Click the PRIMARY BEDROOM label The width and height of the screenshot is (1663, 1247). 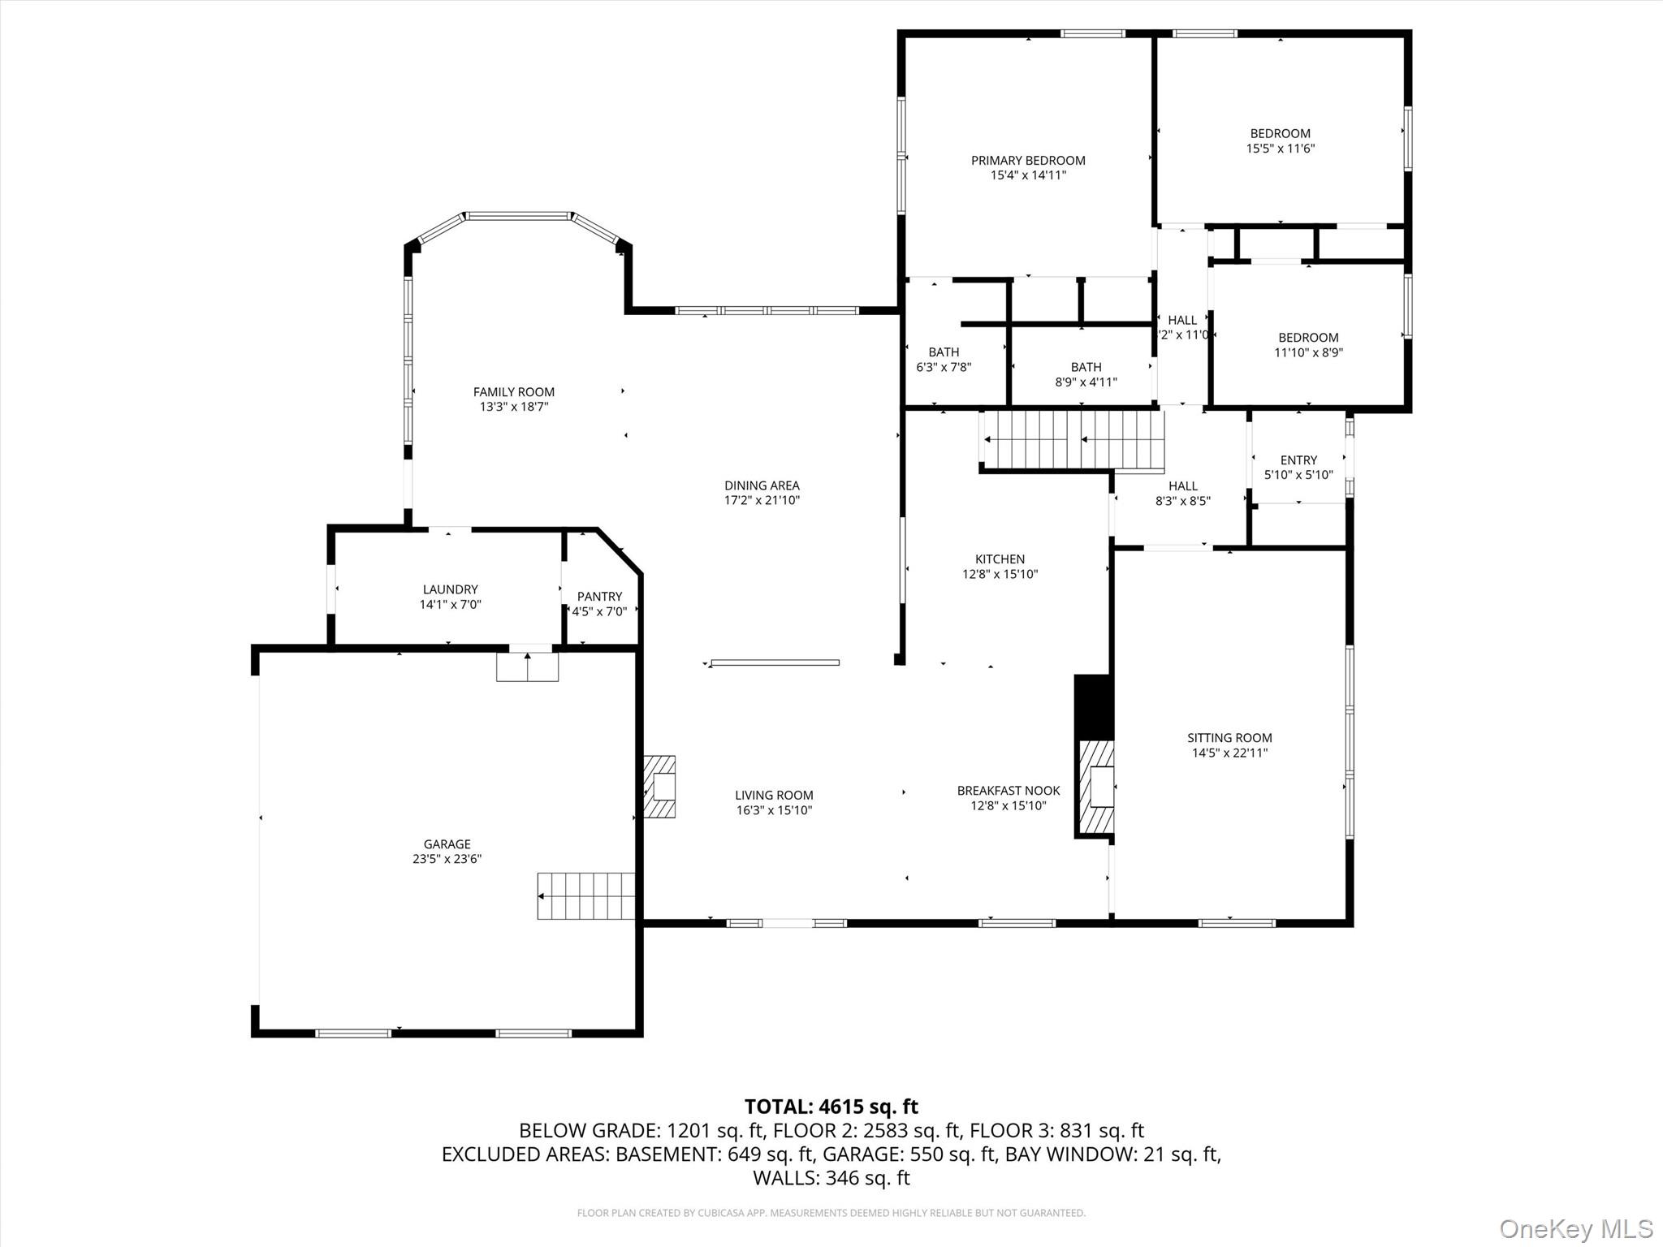tap(1028, 161)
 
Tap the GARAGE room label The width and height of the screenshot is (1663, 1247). tap(447, 844)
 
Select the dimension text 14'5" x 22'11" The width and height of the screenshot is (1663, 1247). tap(1229, 753)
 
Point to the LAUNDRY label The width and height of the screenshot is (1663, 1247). tap(450, 589)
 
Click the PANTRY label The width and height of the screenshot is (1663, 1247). tap(599, 597)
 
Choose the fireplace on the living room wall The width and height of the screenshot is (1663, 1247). tap(660, 787)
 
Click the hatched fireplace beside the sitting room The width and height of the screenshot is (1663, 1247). tap(1096, 787)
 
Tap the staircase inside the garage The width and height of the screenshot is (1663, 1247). tap(585, 895)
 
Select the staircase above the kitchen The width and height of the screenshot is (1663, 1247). tap(1073, 440)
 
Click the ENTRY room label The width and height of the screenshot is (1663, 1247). tap(1298, 460)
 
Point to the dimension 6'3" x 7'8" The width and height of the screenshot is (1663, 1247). tap(944, 367)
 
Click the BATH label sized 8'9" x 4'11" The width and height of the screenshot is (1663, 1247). tap(1086, 367)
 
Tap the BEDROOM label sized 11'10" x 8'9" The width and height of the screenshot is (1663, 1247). tap(1308, 338)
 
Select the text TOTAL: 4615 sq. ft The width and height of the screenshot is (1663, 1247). tap(831, 1107)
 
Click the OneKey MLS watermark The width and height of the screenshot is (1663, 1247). tap(1575, 1228)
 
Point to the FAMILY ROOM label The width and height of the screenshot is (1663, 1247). tap(514, 392)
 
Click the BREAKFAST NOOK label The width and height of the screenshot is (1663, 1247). tap(1009, 791)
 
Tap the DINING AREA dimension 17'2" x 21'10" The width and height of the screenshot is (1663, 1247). tap(762, 500)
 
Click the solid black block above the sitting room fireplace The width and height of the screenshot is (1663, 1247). tap(1093, 705)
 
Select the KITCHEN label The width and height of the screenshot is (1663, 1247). tap(1000, 559)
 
